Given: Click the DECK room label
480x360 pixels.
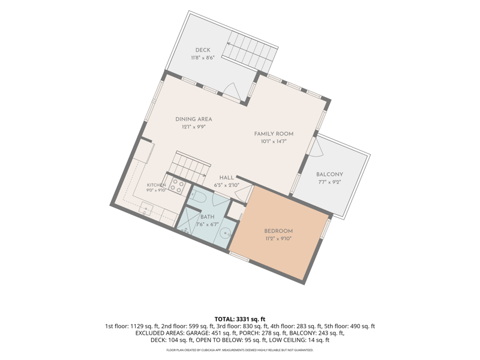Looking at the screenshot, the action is point(203,50).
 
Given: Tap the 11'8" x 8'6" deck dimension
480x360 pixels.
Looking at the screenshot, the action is point(203,58).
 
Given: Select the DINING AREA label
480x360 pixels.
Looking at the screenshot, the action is point(193,119).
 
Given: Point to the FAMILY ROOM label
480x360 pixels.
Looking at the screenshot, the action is point(274,134).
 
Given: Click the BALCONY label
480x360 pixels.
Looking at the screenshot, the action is point(329,174).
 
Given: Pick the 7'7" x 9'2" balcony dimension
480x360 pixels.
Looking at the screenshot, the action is point(329,182).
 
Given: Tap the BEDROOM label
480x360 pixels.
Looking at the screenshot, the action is point(278,231).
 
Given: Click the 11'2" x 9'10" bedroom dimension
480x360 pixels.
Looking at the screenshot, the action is point(278,239).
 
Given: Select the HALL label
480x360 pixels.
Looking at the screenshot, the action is point(227,178).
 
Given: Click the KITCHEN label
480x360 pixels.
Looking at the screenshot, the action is point(156,185).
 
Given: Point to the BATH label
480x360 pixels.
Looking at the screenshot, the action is point(207,217).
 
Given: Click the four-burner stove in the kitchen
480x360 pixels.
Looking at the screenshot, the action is point(177,186).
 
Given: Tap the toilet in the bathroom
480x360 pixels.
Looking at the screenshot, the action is point(198,197).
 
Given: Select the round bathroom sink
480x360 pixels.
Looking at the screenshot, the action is point(226,233).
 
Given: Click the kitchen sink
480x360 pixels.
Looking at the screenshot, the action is point(146,209).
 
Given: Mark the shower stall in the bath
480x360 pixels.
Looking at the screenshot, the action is point(187,220).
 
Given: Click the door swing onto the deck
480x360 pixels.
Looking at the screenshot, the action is point(232,91).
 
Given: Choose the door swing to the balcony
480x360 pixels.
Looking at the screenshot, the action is point(317,147).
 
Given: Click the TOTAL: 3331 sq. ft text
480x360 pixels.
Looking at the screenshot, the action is point(239,319).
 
